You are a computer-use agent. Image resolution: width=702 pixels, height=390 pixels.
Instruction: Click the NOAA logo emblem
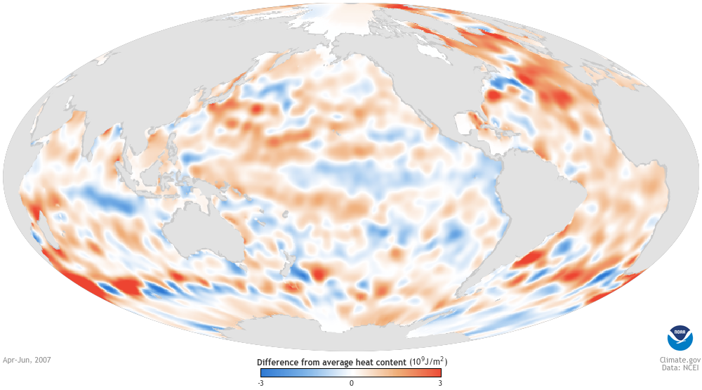coord(680,338)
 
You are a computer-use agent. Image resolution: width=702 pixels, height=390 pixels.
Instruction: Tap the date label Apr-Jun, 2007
coord(27,360)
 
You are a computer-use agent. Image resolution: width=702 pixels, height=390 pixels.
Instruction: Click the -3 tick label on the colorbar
coord(262,383)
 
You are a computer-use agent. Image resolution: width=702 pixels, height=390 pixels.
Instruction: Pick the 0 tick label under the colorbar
coord(351,383)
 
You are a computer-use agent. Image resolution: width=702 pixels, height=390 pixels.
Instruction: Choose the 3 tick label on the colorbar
coord(439,383)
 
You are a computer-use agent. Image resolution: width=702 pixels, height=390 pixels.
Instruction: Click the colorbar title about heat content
coord(352,362)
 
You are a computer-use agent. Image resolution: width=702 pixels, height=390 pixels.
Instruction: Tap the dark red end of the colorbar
coord(436,373)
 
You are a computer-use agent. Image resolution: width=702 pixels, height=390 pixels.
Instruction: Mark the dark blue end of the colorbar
coord(266,373)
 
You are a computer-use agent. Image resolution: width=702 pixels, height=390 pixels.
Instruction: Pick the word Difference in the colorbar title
coord(279,362)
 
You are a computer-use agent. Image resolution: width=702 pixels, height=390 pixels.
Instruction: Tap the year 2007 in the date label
coord(41,360)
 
